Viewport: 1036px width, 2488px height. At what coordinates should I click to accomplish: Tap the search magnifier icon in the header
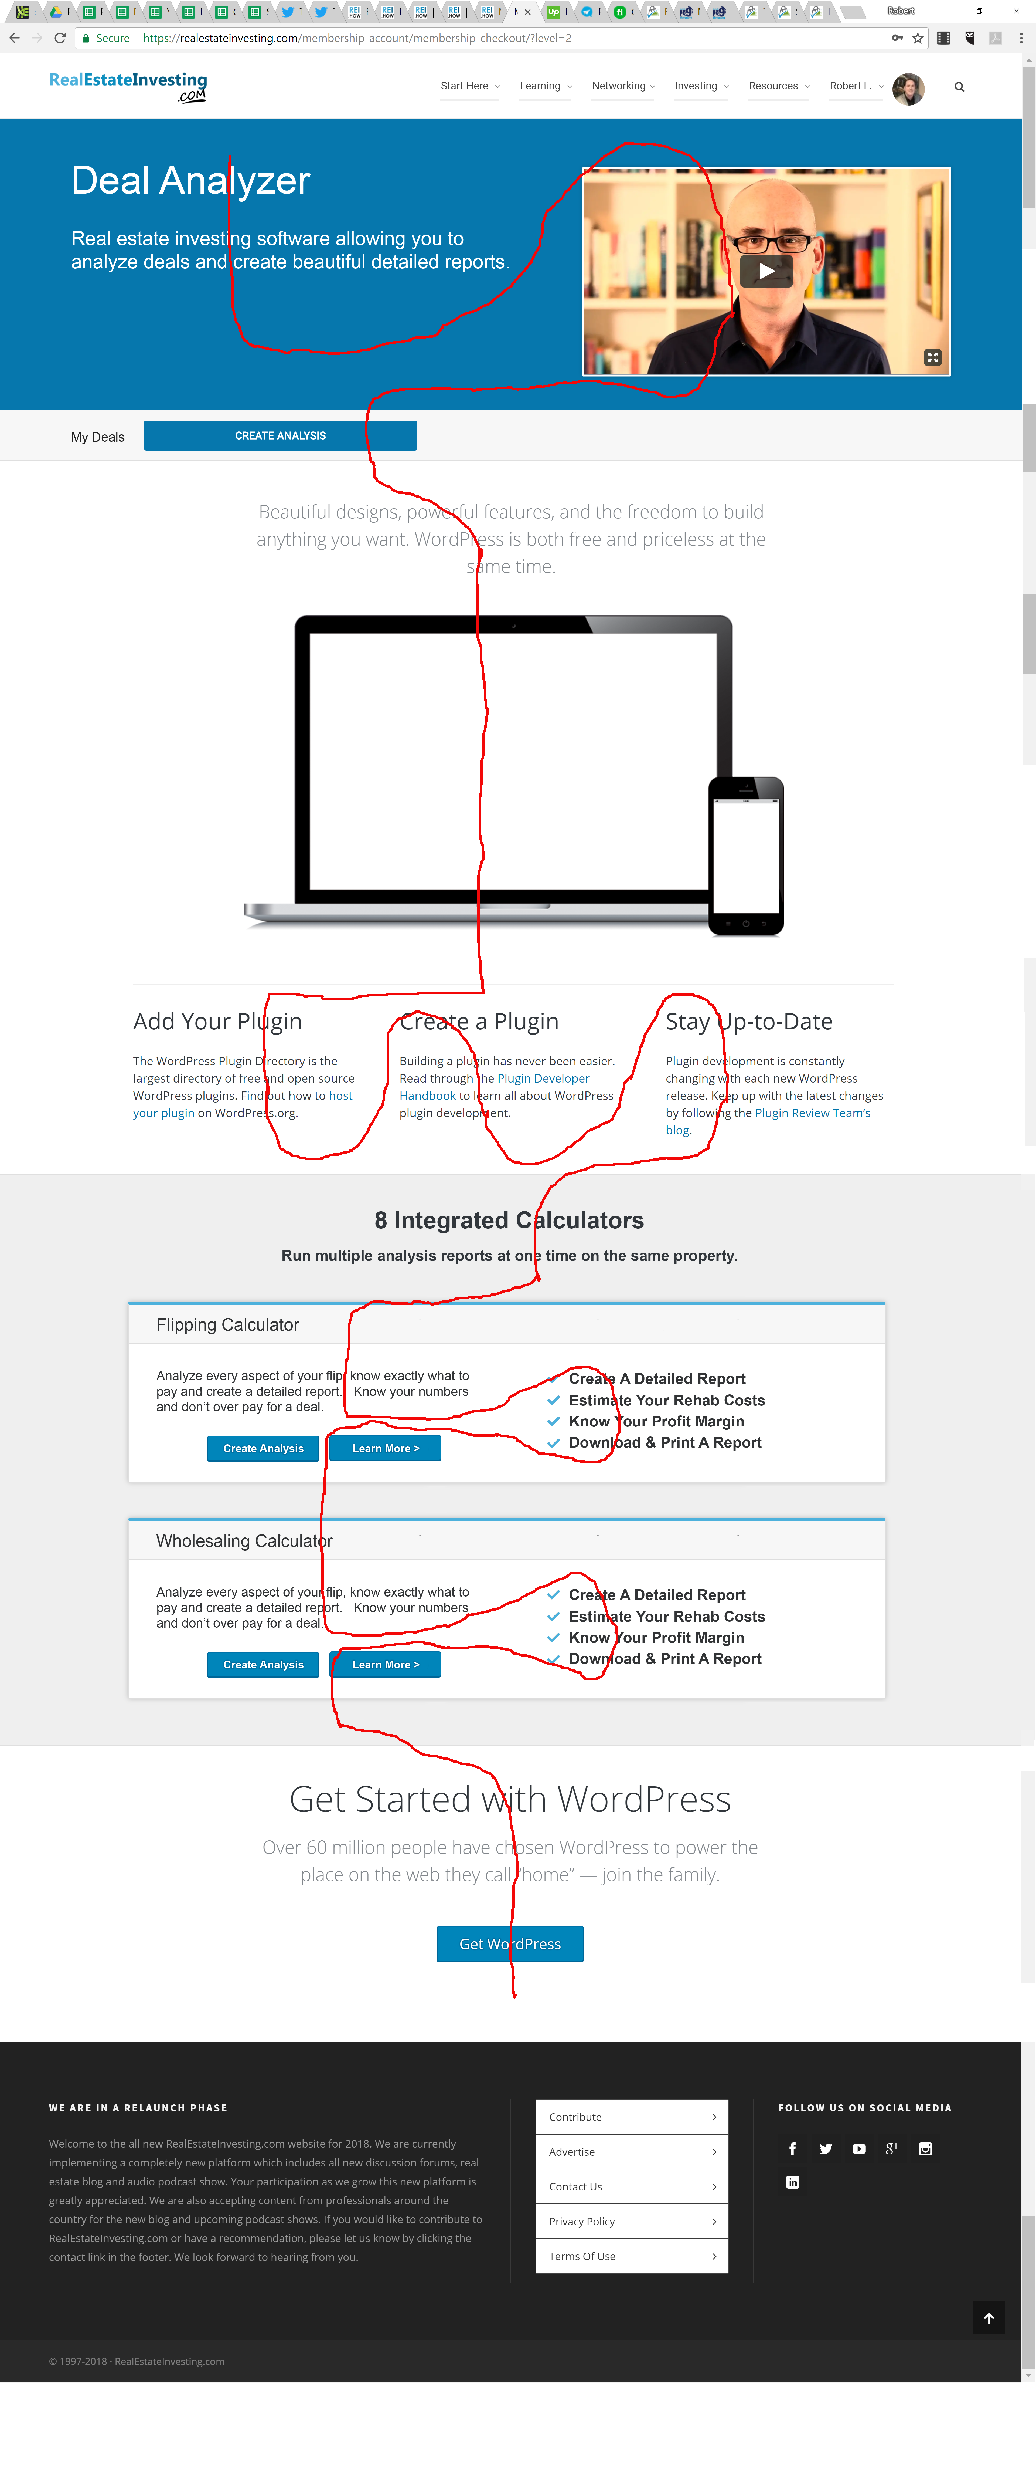959,87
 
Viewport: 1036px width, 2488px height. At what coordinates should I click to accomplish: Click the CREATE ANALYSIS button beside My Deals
280,436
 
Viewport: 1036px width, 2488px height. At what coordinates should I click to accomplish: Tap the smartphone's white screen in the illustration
745,855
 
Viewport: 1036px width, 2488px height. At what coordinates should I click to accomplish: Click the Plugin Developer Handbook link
494,1087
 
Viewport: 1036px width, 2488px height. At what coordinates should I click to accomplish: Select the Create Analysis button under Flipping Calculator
263,1448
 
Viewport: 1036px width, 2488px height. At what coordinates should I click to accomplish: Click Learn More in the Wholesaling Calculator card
385,1664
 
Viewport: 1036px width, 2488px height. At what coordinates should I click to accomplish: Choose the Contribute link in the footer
632,2116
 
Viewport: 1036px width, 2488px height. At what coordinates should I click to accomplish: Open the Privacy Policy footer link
632,2220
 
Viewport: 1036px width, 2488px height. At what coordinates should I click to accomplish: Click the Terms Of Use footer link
632,2255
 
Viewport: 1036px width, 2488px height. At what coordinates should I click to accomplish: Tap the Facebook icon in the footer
793,2148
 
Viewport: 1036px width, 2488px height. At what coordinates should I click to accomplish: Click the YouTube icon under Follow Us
858,2148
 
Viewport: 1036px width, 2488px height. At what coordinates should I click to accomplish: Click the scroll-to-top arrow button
989,2317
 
